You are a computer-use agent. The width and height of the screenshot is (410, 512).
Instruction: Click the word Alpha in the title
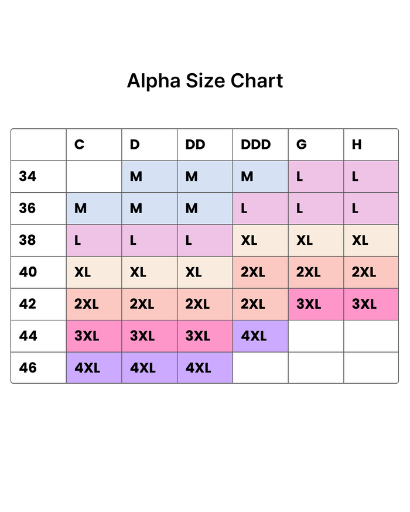point(153,81)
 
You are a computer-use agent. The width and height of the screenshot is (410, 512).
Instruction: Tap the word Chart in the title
point(257,81)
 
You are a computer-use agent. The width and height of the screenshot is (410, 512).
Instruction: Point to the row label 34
point(28,176)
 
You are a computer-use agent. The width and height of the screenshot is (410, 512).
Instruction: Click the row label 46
point(28,368)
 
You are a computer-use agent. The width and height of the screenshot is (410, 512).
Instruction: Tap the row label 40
point(28,272)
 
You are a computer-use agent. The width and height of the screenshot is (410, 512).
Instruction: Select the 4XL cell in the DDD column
point(261,336)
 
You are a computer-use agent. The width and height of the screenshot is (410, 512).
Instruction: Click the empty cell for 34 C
point(94,176)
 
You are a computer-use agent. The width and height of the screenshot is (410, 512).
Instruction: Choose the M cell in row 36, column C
point(94,209)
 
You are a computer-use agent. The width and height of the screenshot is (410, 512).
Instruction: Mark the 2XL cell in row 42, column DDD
point(261,304)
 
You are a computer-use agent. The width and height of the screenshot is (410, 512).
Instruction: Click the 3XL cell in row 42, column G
point(316,304)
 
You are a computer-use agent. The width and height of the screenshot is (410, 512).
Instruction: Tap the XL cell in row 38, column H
point(371,240)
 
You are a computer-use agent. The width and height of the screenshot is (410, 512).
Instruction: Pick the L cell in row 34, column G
point(316,176)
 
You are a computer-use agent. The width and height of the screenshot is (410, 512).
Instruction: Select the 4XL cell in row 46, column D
point(149,368)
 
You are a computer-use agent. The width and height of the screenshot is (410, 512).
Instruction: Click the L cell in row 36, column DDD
point(261,209)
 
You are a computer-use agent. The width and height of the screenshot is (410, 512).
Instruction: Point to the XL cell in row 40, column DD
point(205,272)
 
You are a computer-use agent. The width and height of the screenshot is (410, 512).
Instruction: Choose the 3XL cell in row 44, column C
point(94,336)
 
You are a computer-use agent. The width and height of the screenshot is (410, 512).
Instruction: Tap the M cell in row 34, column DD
point(205,176)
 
